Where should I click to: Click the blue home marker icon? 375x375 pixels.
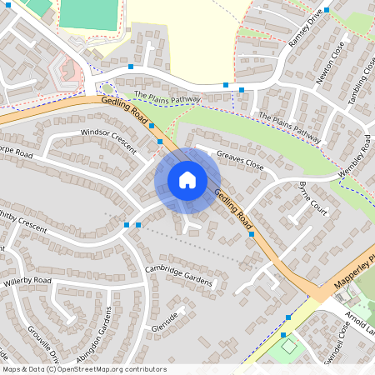point(187,179)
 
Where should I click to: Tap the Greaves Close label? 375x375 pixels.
point(240,161)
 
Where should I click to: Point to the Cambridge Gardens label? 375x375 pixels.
point(179,276)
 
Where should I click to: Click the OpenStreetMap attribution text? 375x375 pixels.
point(84,369)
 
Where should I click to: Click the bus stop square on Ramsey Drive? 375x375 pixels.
point(327,10)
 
